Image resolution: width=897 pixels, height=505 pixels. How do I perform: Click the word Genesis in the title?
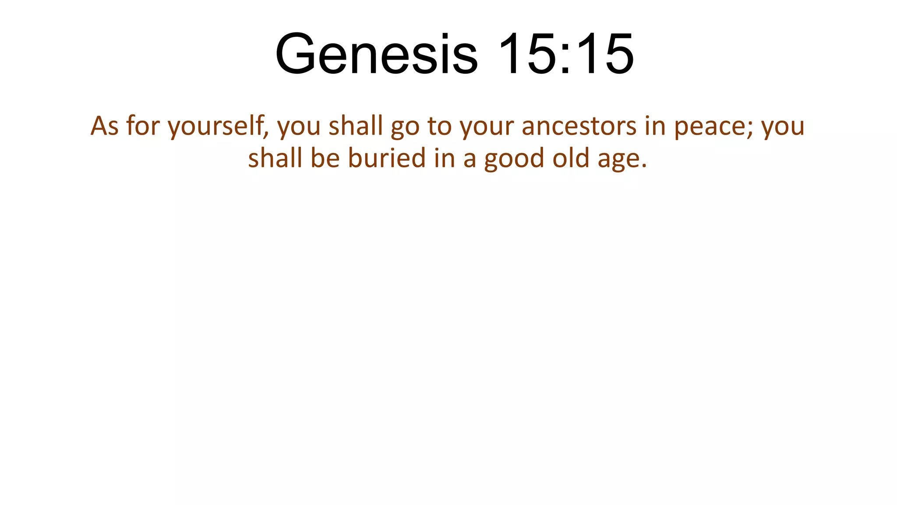coord(376,54)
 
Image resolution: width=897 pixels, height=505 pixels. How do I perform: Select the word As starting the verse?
coord(104,126)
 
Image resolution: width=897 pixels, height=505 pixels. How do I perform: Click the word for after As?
coord(143,126)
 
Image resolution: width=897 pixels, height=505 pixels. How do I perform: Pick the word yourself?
coord(215,126)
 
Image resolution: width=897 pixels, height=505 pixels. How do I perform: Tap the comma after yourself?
coord(267,132)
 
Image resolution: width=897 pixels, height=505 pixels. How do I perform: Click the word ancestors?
coord(579,126)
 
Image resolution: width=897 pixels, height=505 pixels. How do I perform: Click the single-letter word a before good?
coord(470,159)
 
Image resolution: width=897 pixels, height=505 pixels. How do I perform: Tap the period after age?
coord(643,166)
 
